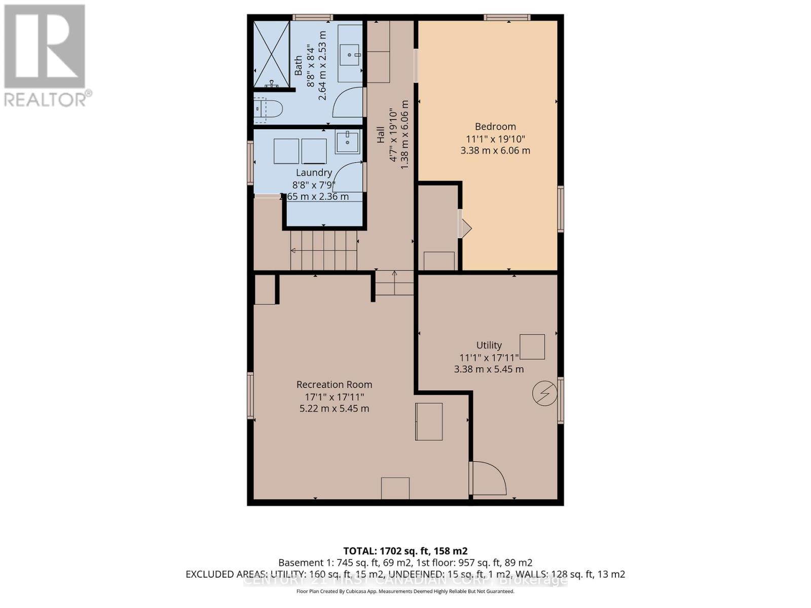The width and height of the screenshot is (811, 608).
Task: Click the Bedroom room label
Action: pyautogui.click(x=495, y=127)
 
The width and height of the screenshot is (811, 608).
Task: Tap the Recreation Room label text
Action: pyautogui.click(x=334, y=385)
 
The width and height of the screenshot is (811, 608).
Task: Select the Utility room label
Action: pyautogui.click(x=489, y=345)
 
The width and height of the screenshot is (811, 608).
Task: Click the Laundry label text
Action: pyautogui.click(x=314, y=173)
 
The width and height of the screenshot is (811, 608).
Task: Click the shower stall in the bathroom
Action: pyautogui.click(x=271, y=54)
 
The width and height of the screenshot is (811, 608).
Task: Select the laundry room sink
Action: pyautogui.click(x=347, y=141)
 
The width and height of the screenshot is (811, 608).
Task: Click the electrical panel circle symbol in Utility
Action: pyautogui.click(x=545, y=393)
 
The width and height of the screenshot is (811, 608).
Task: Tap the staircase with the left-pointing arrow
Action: pyautogui.click(x=323, y=251)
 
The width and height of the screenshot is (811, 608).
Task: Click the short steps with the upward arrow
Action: pyautogui.click(x=394, y=283)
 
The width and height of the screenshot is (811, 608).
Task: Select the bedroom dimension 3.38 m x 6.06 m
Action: pyautogui.click(x=495, y=150)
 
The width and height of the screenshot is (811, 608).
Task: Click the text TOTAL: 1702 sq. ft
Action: pyautogui.click(x=405, y=551)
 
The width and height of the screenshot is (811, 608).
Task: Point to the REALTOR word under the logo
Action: pyautogui.click(x=46, y=99)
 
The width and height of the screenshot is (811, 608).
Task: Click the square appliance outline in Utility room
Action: pyautogui.click(x=532, y=347)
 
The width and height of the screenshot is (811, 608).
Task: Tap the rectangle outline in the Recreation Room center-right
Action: pyautogui.click(x=429, y=422)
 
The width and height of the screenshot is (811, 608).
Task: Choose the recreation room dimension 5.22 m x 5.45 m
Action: pyautogui.click(x=334, y=408)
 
